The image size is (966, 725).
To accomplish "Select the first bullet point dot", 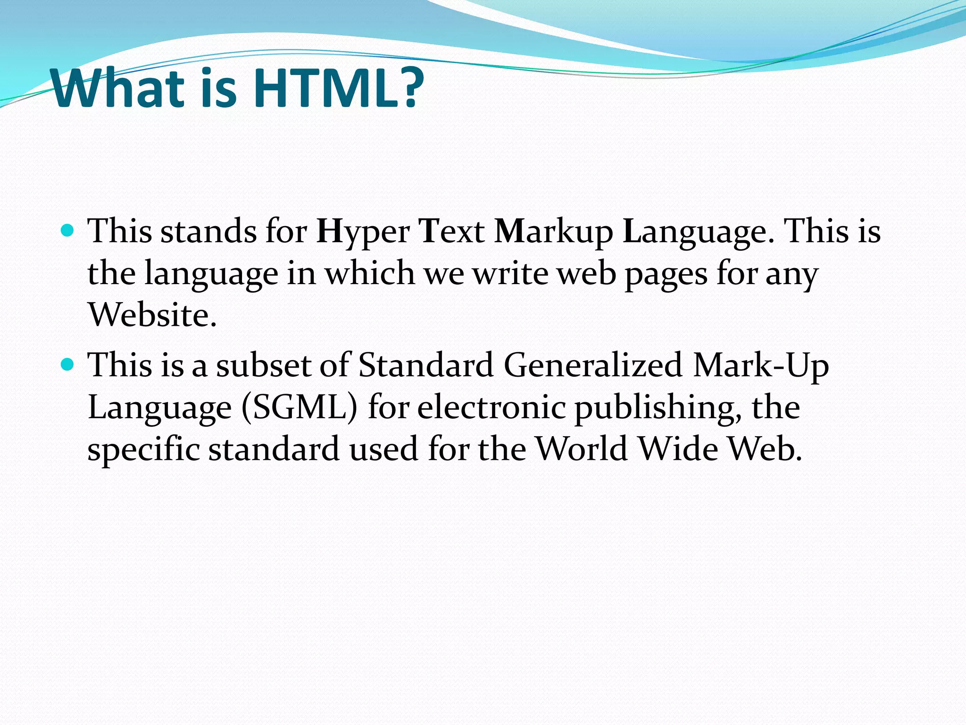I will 68,231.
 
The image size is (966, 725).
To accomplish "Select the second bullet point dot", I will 68,364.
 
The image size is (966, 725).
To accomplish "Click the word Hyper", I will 363,232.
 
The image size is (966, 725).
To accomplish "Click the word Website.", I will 152,314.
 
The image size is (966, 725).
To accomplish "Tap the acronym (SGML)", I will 299,407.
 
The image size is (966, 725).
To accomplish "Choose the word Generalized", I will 593,365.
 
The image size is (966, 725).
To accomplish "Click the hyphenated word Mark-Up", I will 761,365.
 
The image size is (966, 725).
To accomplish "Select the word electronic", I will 491,407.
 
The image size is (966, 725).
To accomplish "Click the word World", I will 582,448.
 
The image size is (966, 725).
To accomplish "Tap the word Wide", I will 678,448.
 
